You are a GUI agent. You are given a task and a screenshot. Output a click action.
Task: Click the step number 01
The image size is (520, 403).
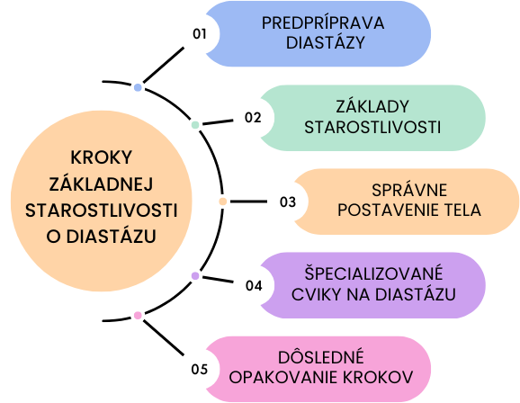(200, 34)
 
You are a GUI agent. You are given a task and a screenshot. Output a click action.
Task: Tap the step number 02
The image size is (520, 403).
(253, 118)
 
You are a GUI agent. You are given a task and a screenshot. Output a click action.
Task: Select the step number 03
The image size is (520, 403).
(288, 202)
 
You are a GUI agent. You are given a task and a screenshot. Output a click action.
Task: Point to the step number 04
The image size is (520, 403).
(254, 285)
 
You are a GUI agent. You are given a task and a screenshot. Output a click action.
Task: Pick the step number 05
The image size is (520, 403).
(200, 369)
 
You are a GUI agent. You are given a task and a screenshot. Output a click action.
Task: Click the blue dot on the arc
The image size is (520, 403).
(138, 87)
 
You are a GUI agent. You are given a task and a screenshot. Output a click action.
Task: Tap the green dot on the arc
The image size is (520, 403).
(195, 125)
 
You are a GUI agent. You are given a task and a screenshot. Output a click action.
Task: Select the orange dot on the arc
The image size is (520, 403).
(223, 201)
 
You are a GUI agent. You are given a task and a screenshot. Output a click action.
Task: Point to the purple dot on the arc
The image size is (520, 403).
(195, 276)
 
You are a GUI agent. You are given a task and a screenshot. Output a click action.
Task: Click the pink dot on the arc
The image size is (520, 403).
(138, 316)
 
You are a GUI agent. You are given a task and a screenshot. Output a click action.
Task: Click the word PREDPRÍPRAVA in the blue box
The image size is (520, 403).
(323, 23)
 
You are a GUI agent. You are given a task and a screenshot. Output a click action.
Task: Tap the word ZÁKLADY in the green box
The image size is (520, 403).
(372, 107)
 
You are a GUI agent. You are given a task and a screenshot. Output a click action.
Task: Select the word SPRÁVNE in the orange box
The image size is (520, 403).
(409, 191)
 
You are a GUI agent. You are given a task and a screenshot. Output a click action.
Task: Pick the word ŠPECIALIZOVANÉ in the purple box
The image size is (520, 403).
(373, 273)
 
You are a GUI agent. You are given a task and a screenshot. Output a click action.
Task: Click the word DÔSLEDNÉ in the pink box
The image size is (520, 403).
(321, 357)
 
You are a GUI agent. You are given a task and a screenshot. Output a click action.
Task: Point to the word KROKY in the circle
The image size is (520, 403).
(102, 157)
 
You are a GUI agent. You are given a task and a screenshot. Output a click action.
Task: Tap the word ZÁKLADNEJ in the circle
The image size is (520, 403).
(101, 184)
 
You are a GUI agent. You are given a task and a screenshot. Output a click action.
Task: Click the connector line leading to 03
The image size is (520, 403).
(248, 201)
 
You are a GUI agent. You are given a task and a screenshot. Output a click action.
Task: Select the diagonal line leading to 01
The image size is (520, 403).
(164, 65)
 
